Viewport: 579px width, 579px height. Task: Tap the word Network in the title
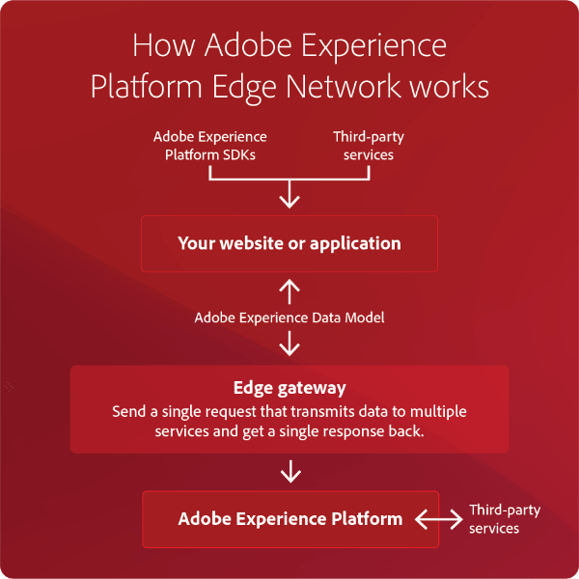343,87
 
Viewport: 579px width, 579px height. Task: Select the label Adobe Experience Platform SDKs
210,146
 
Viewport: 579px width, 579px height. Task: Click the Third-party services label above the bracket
369,146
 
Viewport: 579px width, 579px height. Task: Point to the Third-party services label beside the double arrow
505,519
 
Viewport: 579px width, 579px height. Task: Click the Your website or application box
289,244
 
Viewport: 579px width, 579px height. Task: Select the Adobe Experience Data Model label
289,317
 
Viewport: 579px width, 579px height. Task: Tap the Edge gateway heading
289,388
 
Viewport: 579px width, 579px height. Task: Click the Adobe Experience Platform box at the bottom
290,519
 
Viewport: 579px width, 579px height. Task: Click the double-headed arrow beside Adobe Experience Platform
439,519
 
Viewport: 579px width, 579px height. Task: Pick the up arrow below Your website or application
289,291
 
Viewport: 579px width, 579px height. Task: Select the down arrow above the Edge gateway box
289,344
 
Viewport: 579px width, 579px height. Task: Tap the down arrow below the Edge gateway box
291,472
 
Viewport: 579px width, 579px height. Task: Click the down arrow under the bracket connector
289,195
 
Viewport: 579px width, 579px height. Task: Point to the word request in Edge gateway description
231,412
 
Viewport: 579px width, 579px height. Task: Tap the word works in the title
449,87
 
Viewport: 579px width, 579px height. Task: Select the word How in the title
164,45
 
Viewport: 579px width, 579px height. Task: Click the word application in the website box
355,244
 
